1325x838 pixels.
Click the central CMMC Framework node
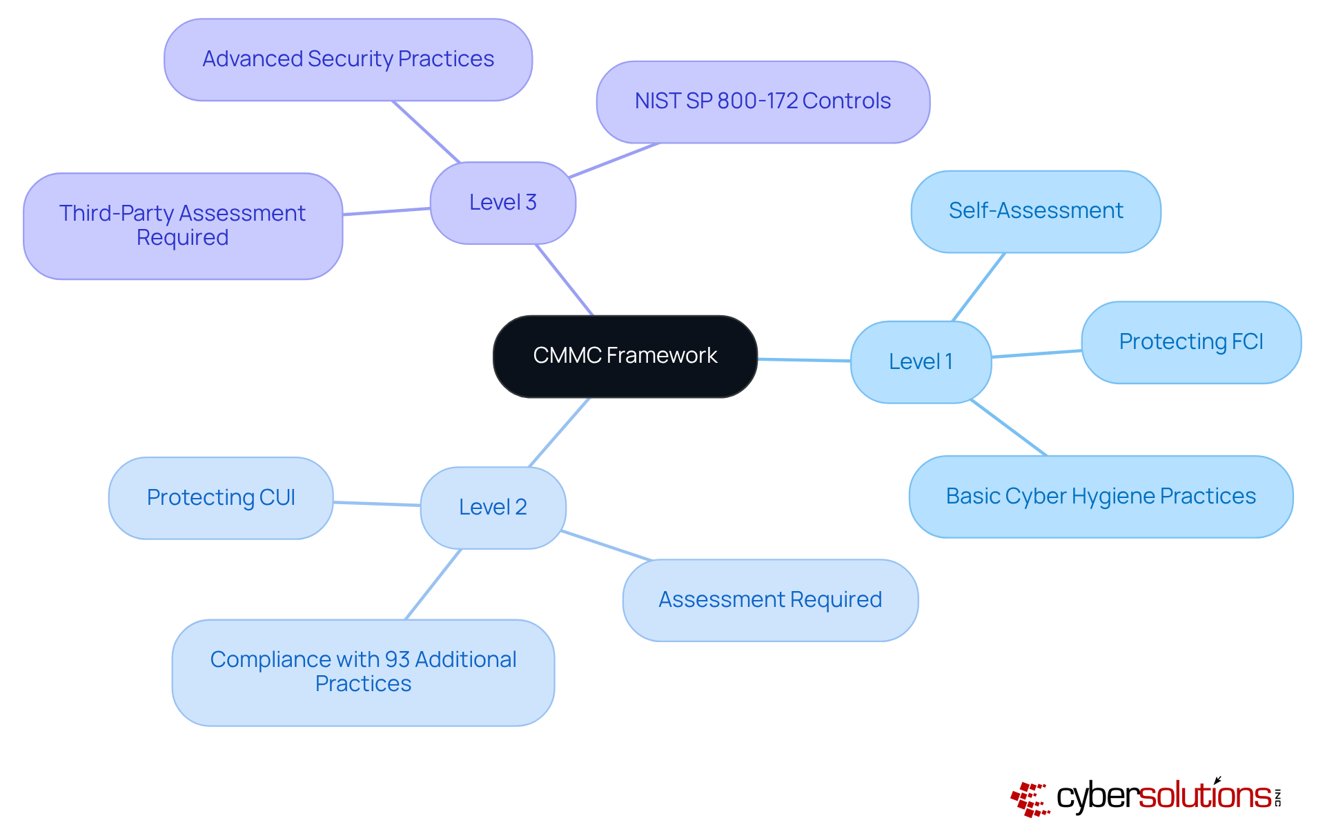coord(625,356)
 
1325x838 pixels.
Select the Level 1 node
coord(921,361)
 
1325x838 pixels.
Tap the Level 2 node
coord(493,508)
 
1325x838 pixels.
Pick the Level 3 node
coord(502,203)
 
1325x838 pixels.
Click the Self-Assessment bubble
coord(1035,211)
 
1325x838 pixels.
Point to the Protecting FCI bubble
coord(1190,342)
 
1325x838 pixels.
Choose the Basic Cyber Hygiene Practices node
coord(1100,497)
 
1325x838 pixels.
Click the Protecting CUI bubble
coord(221,498)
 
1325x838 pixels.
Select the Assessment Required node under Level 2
coord(769,600)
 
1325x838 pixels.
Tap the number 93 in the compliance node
coord(397,660)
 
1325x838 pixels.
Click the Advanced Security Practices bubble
coord(348,59)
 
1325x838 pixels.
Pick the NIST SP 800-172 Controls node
coord(763,101)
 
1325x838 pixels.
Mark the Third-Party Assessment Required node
coord(182,226)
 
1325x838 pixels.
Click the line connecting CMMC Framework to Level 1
coord(804,359)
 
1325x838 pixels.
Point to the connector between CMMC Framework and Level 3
coord(565,279)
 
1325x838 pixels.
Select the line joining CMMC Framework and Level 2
coord(559,432)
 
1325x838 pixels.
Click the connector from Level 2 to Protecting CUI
coord(377,503)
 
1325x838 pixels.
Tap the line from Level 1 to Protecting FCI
coord(1037,354)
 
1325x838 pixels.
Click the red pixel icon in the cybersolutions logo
coord(1030,799)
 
